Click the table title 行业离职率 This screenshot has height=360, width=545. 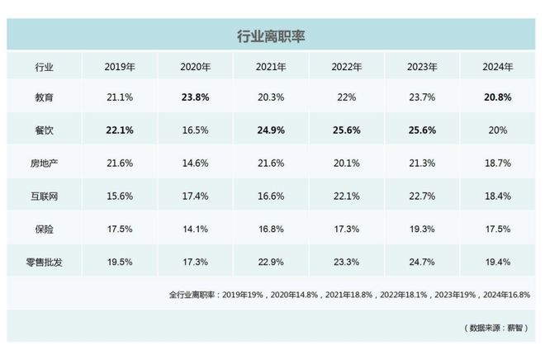[x=272, y=36]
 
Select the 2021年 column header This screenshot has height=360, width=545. [x=272, y=66]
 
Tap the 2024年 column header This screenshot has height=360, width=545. [x=498, y=66]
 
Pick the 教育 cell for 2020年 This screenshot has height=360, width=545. [x=196, y=97]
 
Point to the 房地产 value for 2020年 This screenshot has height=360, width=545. [x=196, y=162]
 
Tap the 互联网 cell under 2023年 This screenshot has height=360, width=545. [x=423, y=195]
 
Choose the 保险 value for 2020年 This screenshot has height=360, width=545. [x=196, y=228]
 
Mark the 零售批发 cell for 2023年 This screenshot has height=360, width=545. [x=423, y=261]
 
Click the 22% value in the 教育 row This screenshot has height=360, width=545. [x=347, y=97]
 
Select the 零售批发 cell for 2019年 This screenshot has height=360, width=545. [x=121, y=261]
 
